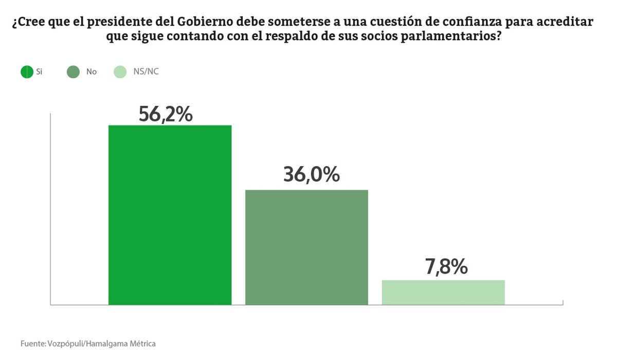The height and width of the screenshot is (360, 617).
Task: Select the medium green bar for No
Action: pyautogui.click(x=306, y=247)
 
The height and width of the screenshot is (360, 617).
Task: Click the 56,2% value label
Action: pyautogui.click(x=166, y=114)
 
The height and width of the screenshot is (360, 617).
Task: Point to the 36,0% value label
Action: pyautogui.click(x=311, y=175)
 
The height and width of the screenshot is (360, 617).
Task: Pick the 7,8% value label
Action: pyautogui.click(x=446, y=267)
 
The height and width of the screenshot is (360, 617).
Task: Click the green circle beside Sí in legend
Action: pyautogui.click(x=27, y=72)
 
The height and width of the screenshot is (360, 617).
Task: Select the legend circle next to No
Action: pyautogui.click(x=73, y=72)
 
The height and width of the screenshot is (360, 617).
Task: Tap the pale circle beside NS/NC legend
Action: pyautogui.click(x=119, y=72)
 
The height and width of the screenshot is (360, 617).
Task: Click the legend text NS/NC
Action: pyautogui.click(x=146, y=72)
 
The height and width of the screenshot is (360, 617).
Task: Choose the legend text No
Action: pyautogui.click(x=92, y=72)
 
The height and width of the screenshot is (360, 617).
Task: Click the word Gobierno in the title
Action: pyautogui.click(x=205, y=23)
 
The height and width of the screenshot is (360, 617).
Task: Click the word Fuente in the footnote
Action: pyautogui.click(x=32, y=344)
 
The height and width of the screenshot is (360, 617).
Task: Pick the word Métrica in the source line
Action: pyautogui.click(x=141, y=344)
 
